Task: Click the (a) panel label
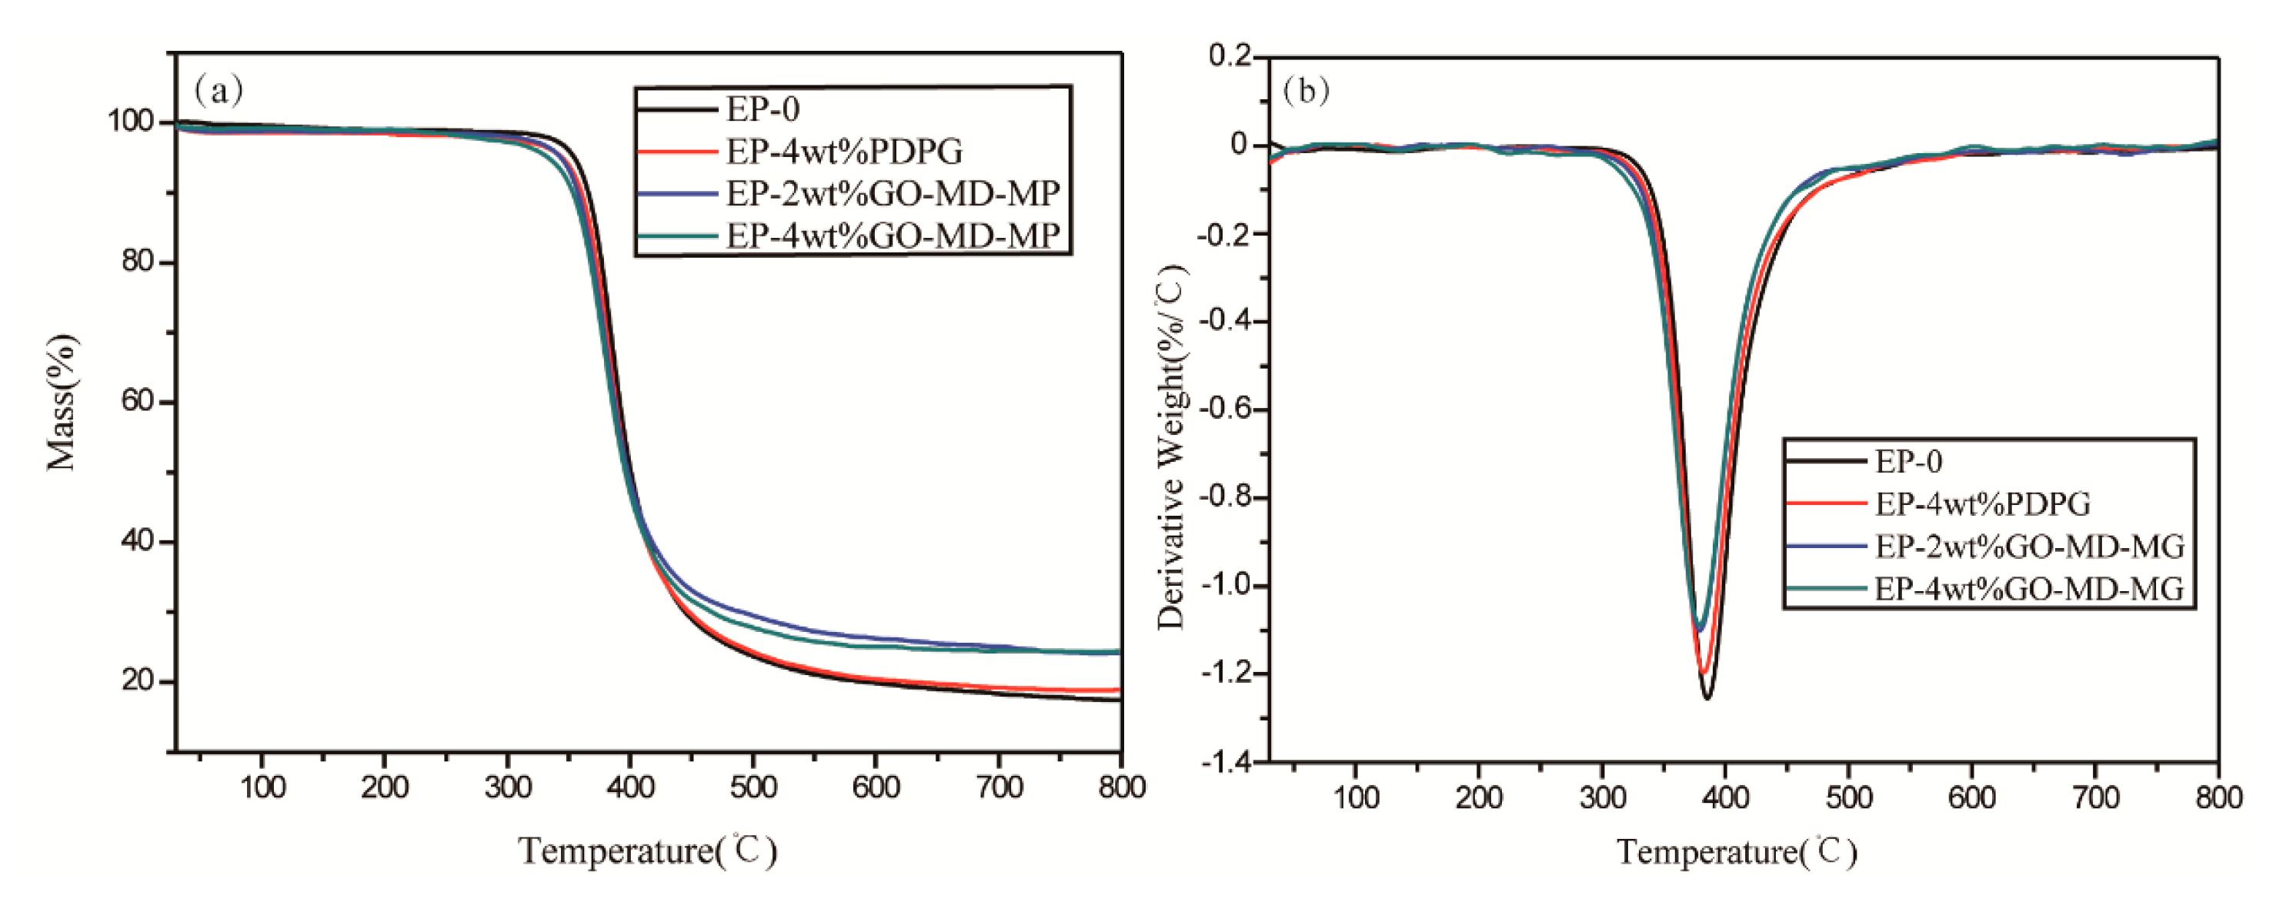click(219, 90)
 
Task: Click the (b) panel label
click(1305, 91)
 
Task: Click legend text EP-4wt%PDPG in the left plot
click(844, 152)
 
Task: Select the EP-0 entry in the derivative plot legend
click(1908, 462)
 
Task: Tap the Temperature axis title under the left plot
click(648, 851)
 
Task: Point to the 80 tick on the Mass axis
click(138, 262)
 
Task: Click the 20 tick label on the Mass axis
click(138, 681)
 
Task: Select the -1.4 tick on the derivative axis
click(1226, 762)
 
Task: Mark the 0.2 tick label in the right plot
click(1230, 56)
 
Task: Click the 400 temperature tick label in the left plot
click(630, 787)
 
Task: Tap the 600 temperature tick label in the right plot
click(1971, 797)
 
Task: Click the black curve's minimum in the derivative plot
click(1707, 698)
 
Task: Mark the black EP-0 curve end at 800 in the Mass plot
click(1119, 700)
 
